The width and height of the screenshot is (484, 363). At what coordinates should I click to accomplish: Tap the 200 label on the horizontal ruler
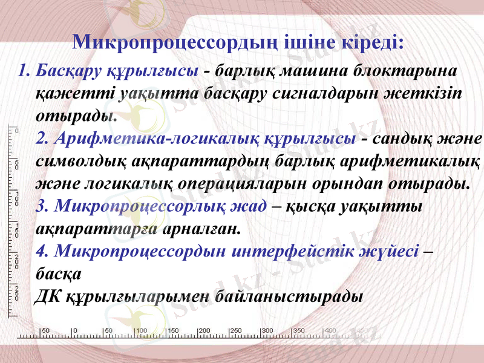pos(204,330)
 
